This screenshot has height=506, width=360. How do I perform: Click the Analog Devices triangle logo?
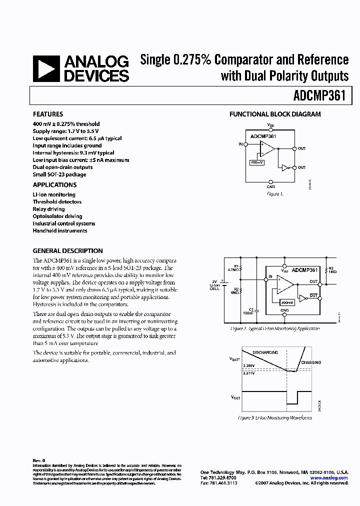click(x=46, y=68)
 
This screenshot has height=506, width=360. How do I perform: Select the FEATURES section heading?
click(x=48, y=114)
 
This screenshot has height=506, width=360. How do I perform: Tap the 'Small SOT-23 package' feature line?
click(x=59, y=174)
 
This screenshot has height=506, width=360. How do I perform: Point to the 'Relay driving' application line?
click(x=48, y=209)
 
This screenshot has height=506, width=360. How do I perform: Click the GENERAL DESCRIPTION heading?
click(x=67, y=251)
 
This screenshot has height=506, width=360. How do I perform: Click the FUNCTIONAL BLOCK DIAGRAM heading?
click(x=275, y=114)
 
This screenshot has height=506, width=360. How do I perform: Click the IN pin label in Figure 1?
click(x=240, y=144)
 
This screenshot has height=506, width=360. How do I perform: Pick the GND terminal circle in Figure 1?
click(x=270, y=182)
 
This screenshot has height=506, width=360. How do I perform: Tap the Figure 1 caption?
click(x=274, y=194)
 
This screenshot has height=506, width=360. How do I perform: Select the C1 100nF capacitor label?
click(x=248, y=311)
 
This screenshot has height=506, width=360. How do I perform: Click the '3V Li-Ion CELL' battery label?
click(x=214, y=285)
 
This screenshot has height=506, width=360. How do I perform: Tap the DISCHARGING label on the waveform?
click(x=265, y=352)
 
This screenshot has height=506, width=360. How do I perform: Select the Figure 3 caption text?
click(x=274, y=417)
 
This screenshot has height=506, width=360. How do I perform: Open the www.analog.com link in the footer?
click(x=329, y=478)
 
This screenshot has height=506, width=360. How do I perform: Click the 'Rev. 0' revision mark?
click(x=39, y=460)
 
